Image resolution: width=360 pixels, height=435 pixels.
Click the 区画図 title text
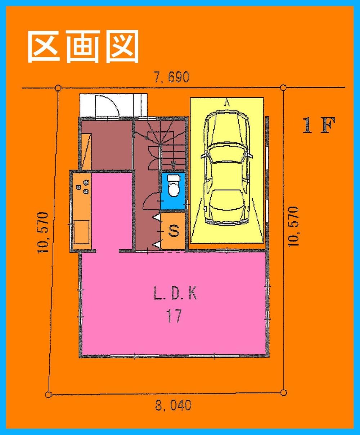83,46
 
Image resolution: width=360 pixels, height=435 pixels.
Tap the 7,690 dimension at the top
172,77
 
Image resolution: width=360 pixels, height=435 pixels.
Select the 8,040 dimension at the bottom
173,405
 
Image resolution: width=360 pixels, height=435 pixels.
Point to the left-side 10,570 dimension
43,232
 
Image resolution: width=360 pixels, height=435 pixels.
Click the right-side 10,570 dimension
293,226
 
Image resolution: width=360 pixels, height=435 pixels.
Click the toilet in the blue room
173,185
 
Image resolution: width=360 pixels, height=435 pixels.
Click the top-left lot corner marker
58,87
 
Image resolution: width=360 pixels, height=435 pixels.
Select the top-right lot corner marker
283,87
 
